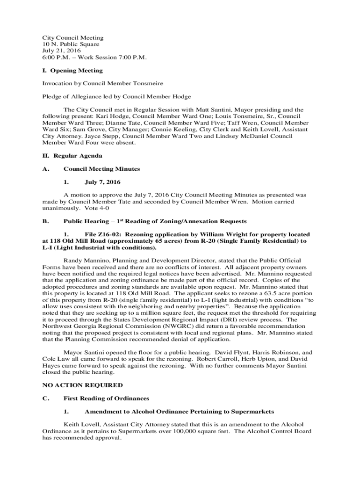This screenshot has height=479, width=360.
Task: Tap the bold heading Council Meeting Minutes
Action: pyautogui.click(x=101, y=169)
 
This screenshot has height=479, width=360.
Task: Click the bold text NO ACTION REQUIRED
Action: pyautogui.click(x=82, y=385)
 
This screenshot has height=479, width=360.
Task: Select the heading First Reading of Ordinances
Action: pyautogui.click(x=106, y=398)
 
